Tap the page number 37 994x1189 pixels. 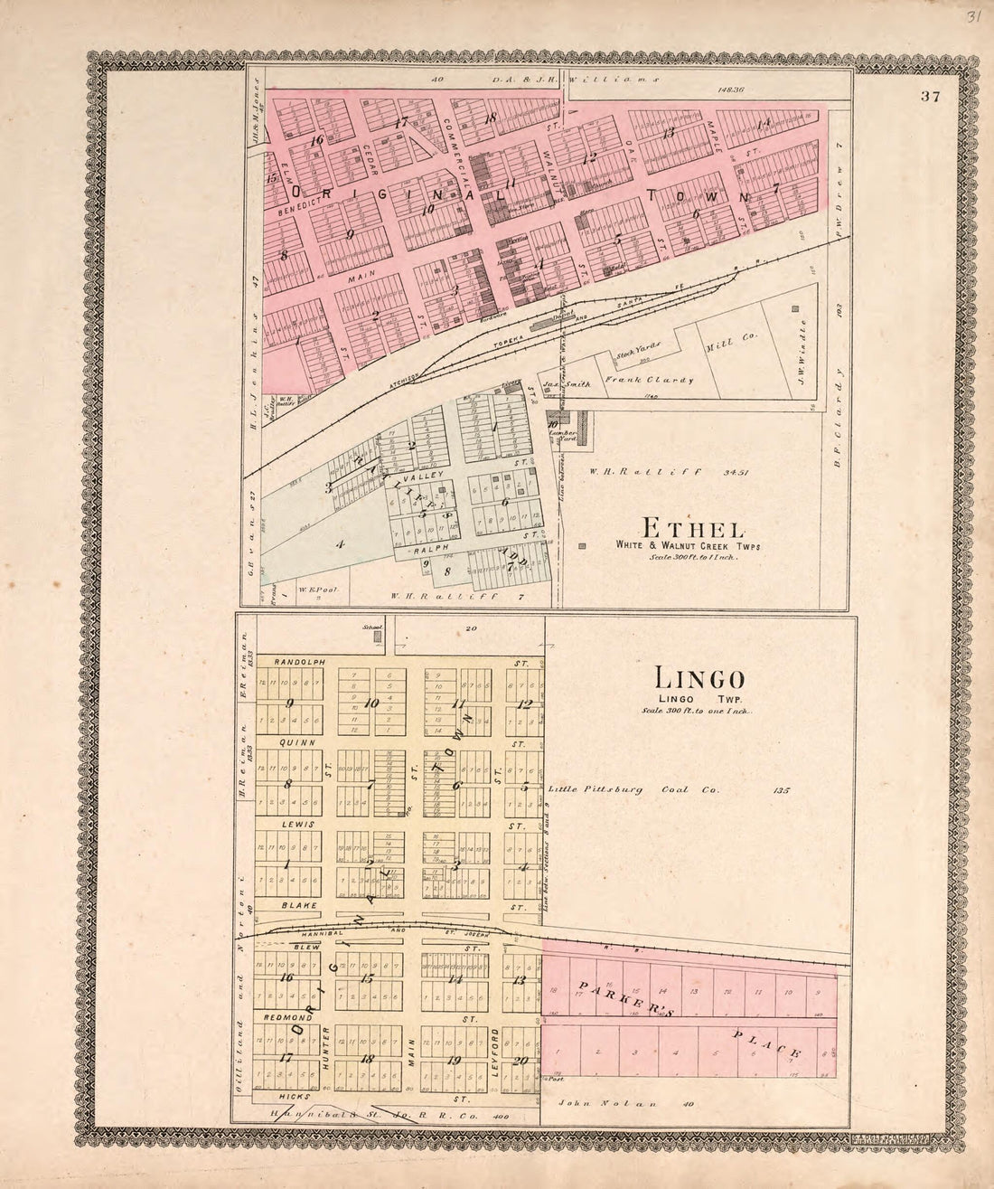pos(932,99)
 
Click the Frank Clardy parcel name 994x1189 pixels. pos(649,380)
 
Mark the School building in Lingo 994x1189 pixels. pos(378,637)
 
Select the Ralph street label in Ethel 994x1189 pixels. pos(428,548)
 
